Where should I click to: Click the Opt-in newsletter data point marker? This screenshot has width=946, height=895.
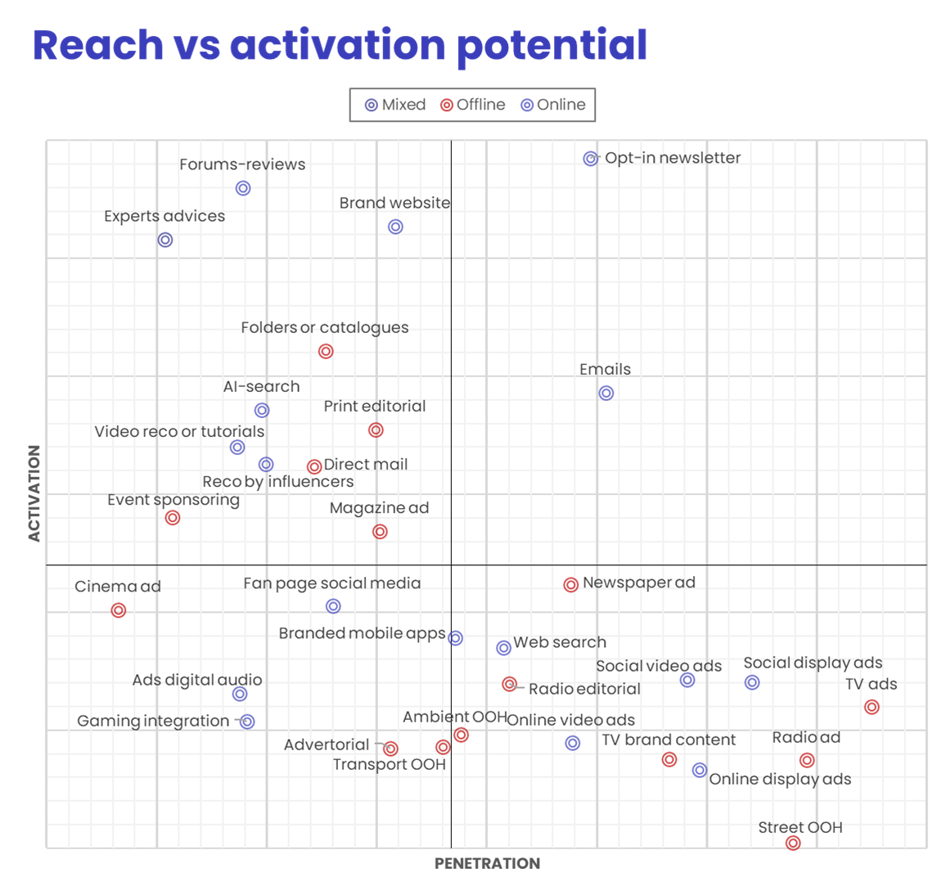click(591, 159)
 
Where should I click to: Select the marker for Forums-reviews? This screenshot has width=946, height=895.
click(243, 188)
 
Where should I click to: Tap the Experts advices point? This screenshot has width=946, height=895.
click(165, 240)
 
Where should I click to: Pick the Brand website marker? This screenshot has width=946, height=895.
click(395, 227)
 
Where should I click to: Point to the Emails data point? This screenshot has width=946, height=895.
click(606, 393)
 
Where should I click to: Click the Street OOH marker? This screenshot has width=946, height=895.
click(793, 843)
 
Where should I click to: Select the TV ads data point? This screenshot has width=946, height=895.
click(872, 707)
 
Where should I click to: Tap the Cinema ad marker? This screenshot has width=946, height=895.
click(119, 610)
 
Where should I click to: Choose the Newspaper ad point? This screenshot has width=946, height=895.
click(571, 585)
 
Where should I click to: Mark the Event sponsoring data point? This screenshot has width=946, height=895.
click(173, 518)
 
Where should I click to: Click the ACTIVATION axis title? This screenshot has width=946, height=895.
click(34, 492)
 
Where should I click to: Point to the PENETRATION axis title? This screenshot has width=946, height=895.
click(487, 863)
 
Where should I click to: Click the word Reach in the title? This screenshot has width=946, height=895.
click(98, 45)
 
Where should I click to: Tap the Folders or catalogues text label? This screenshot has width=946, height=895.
click(324, 327)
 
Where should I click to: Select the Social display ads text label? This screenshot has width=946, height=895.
click(813, 663)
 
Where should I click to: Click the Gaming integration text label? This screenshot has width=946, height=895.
click(153, 721)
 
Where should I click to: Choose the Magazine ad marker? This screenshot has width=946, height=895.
click(380, 532)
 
